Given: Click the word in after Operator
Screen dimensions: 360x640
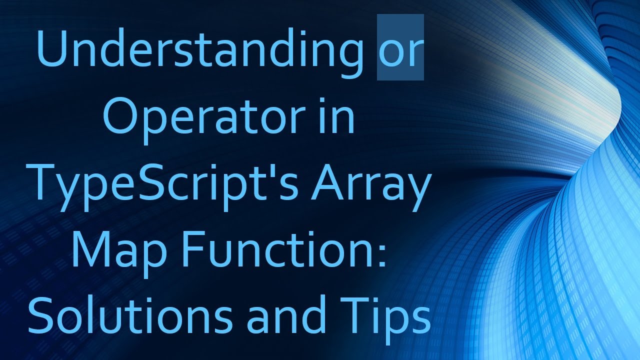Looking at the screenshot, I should [339, 117].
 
